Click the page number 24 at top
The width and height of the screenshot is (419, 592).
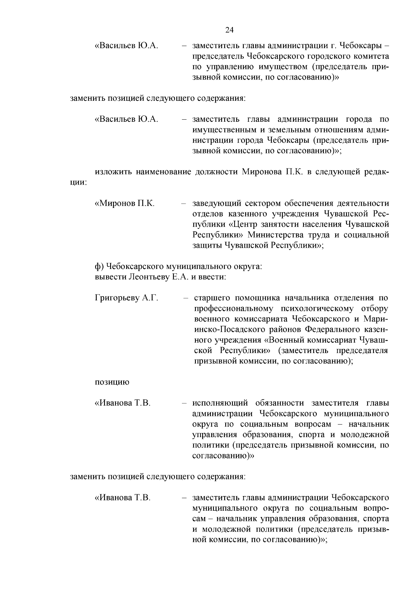click(x=229, y=30)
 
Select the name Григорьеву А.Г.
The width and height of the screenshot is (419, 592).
click(x=126, y=298)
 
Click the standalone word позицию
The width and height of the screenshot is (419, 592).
click(x=112, y=382)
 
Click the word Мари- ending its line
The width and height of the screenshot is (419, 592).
click(x=376, y=319)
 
